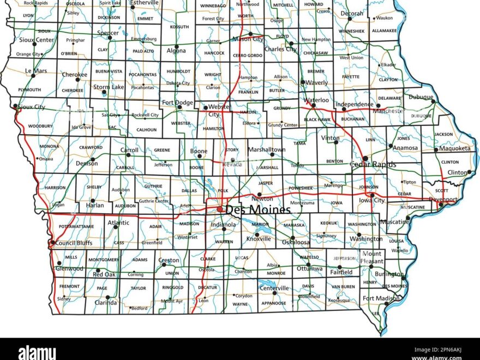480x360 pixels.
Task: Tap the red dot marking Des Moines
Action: tap(219, 209)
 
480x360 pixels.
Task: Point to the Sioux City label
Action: tap(32, 107)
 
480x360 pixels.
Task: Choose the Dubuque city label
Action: tap(421, 97)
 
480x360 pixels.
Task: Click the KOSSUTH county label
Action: tap(179, 27)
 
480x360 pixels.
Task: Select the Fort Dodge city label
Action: tap(177, 102)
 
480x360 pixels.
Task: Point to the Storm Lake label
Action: tap(109, 87)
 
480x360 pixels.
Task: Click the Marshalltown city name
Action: tap(266, 149)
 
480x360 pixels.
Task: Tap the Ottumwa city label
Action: tap(310, 268)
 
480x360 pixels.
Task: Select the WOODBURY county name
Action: tap(40, 126)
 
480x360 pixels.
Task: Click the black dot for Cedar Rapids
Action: tap(365, 159)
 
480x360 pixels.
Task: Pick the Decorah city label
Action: tap(351, 13)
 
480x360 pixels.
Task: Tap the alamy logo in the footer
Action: tap(37, 352)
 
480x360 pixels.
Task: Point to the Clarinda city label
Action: tap(106, 302)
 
